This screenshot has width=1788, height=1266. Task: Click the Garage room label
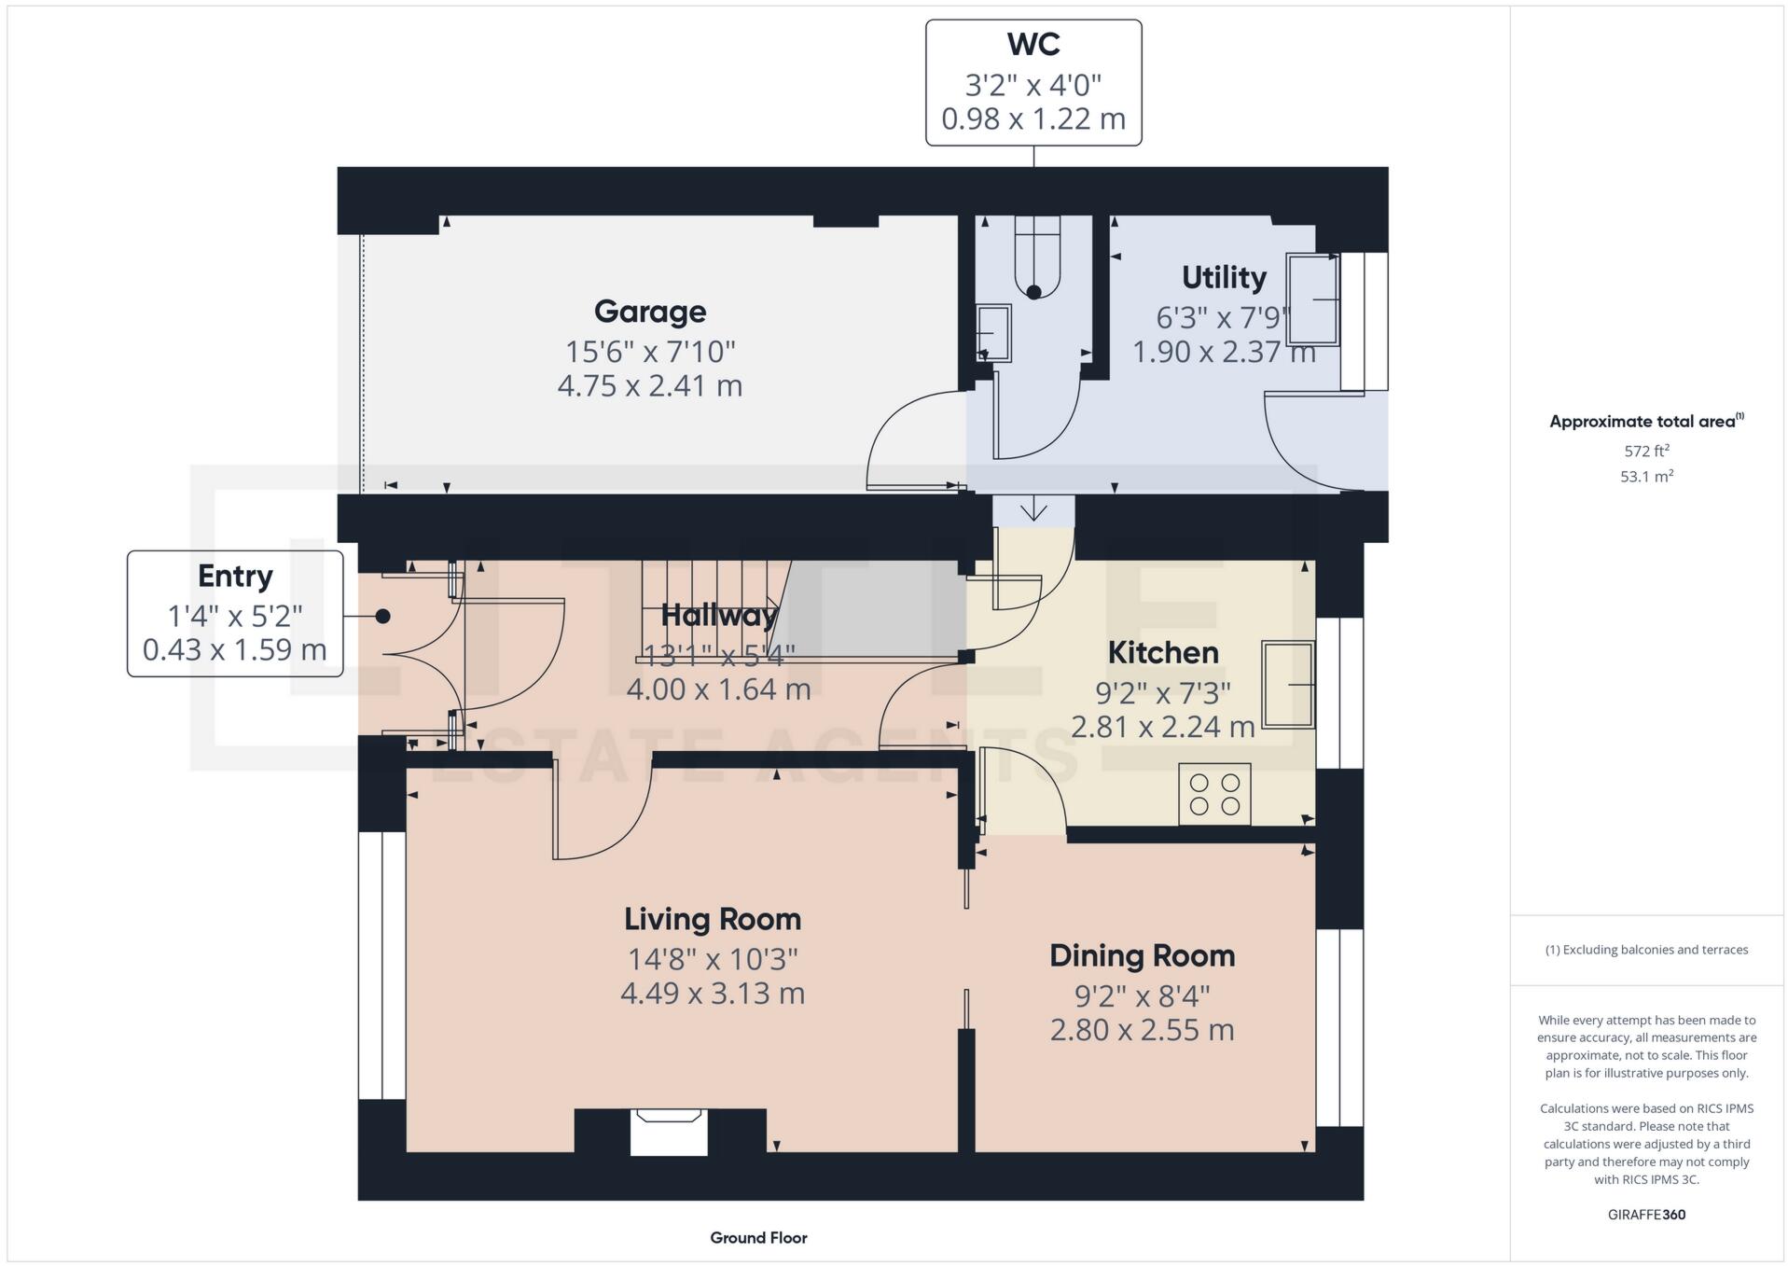(x=649, y=312)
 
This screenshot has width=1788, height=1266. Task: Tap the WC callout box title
(x=1033, y=45)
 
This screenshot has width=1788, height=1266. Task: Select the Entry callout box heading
(x=234, y=577)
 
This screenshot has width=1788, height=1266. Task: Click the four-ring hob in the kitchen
(x=1214, y=794)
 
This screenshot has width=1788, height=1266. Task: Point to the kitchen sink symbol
(x=1288, y=684)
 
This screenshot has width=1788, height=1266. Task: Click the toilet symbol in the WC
(x=1036, y=261)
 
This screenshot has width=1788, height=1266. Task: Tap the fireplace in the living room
(x=668, y=1131)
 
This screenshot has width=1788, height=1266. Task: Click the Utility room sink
(x=1312, y=299)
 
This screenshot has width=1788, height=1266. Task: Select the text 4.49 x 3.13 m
(x=712, y=994)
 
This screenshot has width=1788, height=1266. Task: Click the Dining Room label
(x=1142, y=956)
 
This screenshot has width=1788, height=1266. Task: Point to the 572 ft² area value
(x=1646, y=452)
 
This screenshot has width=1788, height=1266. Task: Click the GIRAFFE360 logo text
(x=1646, y=1215)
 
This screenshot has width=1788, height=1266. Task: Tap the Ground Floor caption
(x=758, y=1238)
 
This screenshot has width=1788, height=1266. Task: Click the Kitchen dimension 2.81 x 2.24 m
(x=1162, y=727)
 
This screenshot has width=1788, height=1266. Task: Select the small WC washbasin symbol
(x=993, y=333)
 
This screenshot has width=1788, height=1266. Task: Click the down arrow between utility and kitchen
(x=1033, y=511)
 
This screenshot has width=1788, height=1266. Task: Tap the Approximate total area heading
(x=1645, y=422)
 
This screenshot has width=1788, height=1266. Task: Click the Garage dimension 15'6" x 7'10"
(x=649, y=352)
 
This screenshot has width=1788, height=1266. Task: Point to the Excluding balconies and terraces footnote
(x=1646, y=950)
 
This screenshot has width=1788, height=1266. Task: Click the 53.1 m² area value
(x=1646, y=477)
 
